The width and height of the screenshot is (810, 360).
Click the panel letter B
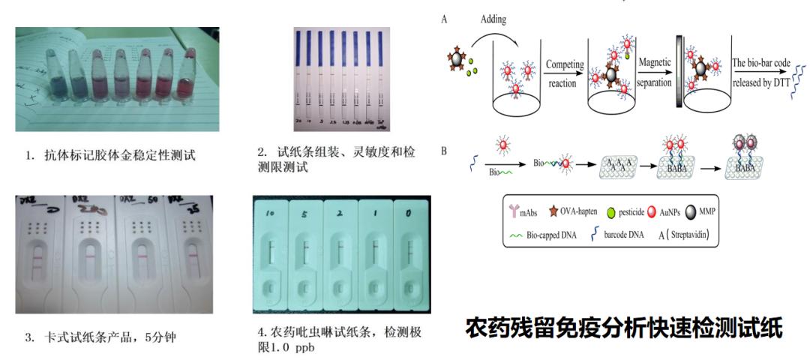(x=444, y=151)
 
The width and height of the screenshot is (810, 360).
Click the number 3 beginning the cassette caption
(x=28, y=337)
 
